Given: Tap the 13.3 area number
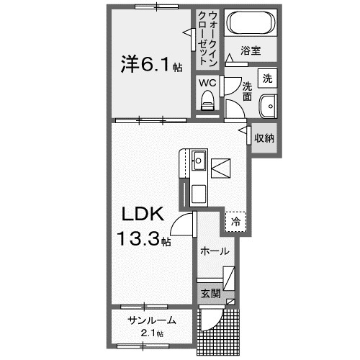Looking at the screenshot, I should [x=141, y=238].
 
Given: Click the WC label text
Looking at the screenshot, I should [x=207, y=83].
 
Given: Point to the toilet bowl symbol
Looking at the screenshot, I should [x=209, y=100].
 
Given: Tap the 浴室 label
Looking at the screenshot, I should [x=250, y=52].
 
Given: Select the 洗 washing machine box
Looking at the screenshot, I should [x=268, y=78].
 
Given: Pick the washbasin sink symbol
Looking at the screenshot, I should [x=268, y=104].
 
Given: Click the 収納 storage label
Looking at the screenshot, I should [x=264, y=138].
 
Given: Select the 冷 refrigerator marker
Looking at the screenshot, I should [x=235, y=222].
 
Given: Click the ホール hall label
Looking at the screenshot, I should [x=215, y=251].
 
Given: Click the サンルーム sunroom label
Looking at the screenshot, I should [x=152, y=320].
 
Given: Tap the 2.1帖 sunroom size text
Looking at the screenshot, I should [x=152, y=333].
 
